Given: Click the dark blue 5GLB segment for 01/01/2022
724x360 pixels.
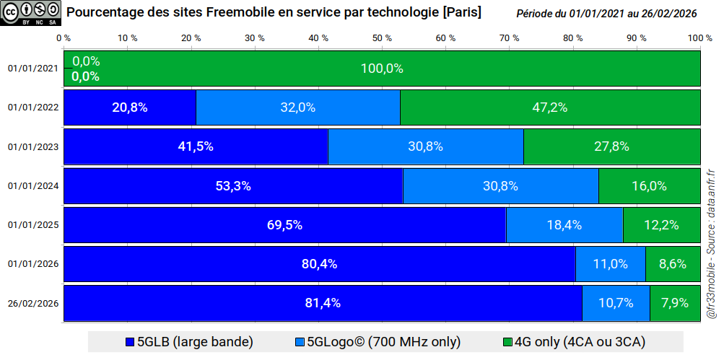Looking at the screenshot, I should (130, 107).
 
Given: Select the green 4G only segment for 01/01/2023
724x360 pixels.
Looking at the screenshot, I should (611, 146).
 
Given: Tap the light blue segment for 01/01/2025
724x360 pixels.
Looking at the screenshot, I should (564, 224).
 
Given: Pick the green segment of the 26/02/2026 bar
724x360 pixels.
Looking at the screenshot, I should (674, 303).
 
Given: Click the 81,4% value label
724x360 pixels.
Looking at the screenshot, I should (323, 303).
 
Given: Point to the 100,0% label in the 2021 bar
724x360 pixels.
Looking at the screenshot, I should (382, 69).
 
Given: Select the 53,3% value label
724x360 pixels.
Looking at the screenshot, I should (233, 185).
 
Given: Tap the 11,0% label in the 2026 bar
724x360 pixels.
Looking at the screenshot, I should (610, 264).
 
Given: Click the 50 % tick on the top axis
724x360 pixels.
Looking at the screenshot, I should (382, 38).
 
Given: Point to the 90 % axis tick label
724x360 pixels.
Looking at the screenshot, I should (637, 38).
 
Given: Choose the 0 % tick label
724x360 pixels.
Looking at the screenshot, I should (64, 38).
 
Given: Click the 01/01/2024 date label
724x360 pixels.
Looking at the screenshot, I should (32, 185).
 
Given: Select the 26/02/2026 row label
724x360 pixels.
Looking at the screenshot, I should (32, 303).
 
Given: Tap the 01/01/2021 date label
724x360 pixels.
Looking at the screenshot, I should (32, 69).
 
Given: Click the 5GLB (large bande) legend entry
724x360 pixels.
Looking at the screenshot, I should (189, 341).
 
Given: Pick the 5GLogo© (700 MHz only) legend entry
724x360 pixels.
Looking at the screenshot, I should (378, 341).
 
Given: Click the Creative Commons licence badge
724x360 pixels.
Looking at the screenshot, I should (30, 14).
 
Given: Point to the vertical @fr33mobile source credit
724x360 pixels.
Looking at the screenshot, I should (711, 245).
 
